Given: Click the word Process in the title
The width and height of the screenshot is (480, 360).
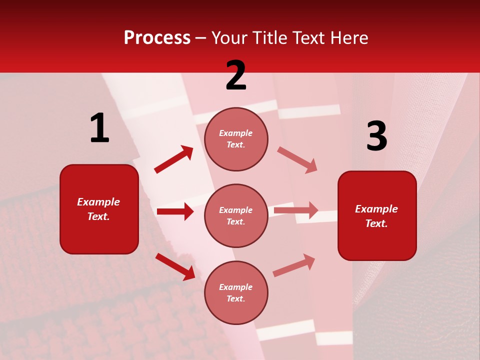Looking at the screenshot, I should point(157,38).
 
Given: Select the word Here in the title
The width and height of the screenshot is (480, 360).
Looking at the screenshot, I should point(348,38).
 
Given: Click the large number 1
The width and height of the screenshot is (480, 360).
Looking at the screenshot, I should point(99,128).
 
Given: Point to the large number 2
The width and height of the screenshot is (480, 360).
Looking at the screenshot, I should point(236,75).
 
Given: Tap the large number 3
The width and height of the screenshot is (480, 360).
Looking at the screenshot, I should point(376,136).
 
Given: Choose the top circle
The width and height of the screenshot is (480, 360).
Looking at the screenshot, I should point(236,139).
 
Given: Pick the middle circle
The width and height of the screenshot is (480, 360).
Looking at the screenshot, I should point(236,216).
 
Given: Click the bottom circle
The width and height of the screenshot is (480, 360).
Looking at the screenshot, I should point(236,293).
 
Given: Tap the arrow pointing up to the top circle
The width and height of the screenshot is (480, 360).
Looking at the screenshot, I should point(174,159).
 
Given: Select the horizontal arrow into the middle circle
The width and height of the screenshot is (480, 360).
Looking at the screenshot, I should point(175,211).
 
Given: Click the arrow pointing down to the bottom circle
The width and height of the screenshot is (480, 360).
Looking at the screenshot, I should point(175,266).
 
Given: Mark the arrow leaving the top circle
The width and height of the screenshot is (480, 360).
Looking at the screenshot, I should point(297,160).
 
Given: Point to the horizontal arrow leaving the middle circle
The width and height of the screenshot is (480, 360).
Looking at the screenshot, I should point(296,210).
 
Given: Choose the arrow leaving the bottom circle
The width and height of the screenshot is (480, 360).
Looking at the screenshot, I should point(294,265).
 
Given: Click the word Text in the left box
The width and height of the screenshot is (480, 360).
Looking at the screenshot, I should point(98,216).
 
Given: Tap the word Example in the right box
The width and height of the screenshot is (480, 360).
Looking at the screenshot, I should point(376,209).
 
